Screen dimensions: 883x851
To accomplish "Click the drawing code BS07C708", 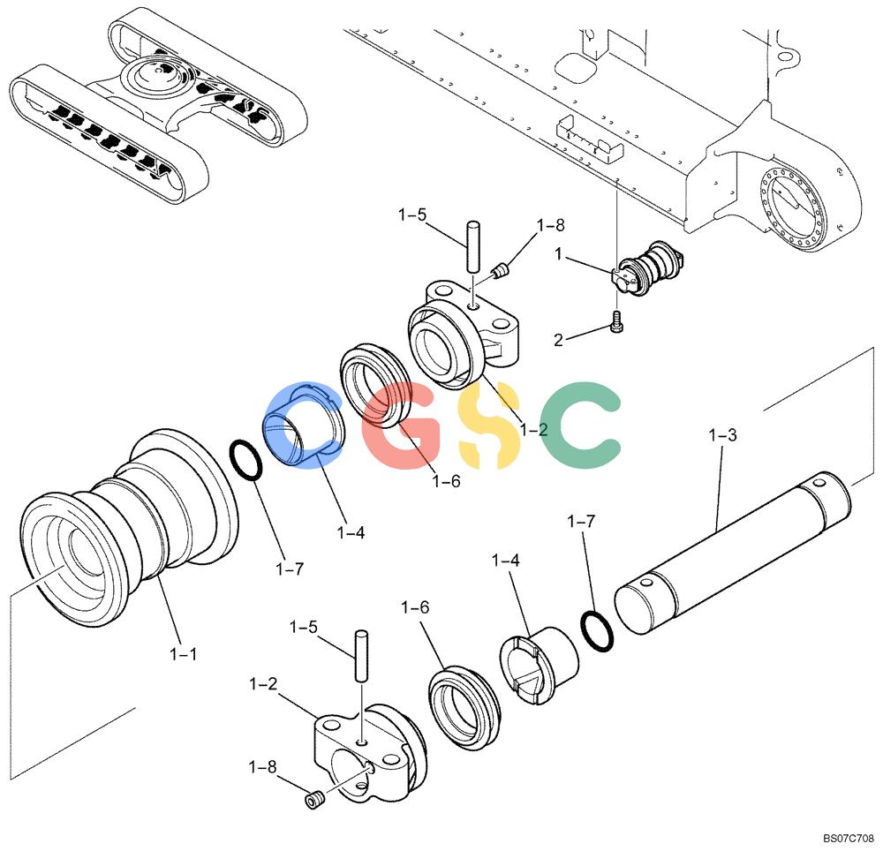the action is point(849,839).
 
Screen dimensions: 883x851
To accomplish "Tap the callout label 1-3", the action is point(722,435).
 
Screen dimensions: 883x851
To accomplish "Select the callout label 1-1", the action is point(183,654).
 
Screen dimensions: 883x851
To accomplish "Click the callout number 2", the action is point(558,340).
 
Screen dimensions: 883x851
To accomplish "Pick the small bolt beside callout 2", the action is point(617,322).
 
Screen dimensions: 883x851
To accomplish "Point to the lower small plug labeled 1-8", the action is point(314,800).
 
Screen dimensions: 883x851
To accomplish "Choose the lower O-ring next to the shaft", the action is point(597,631).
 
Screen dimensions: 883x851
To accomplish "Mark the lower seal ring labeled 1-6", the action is point(464,708).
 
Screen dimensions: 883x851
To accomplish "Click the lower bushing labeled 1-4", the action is point(539,666).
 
